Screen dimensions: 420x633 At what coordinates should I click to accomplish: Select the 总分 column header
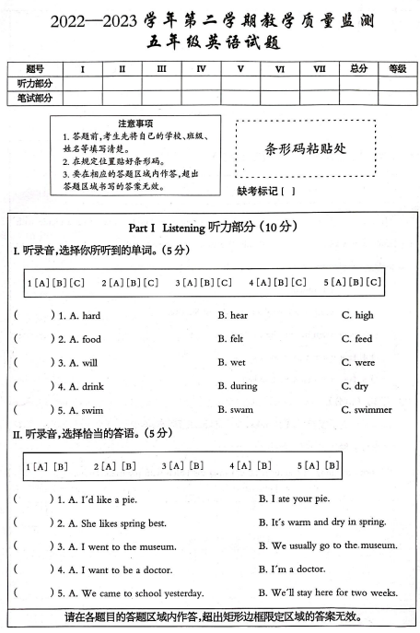coord(358,69)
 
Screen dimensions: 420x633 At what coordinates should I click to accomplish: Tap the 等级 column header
coord(397,69)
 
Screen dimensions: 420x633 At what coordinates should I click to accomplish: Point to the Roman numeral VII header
coord(320,69)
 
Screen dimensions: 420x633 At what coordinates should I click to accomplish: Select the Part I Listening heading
coord(211,228)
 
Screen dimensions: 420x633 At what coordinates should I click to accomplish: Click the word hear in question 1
coord(238,315)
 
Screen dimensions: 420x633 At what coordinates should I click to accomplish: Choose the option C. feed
coord(356,339)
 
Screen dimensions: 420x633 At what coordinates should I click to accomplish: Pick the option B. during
coord(238,386)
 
